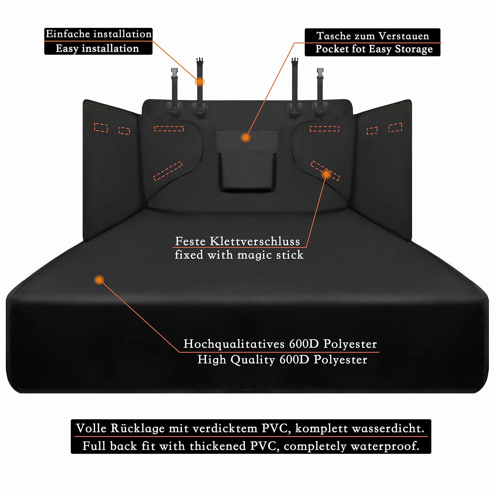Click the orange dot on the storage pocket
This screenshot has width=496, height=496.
(x=245, y=138)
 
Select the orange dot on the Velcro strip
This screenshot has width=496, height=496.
(x=326, y=174)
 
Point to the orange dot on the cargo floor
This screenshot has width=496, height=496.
(x=99, y=280)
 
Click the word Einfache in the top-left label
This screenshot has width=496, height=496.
(x=68, y=34)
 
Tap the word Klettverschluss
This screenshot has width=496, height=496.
(x=255, y=241)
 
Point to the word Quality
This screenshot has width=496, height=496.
(x=253, y=360)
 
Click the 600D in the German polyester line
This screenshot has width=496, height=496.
(x=304, y=344)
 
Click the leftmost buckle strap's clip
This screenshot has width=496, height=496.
(x=174, y=73)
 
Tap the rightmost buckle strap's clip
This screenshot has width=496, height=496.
(x=320, y=73)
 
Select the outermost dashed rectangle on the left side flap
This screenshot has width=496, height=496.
(x=101, y=127)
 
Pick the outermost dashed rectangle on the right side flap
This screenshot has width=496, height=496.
(x=395, y=127)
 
